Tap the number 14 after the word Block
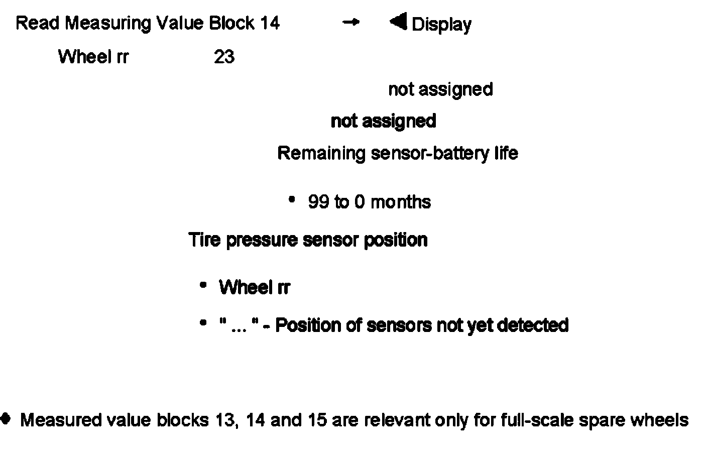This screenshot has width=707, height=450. coord(270,23)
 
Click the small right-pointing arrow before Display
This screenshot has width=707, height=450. coord(351,22)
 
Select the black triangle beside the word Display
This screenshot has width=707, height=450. coord(398,22)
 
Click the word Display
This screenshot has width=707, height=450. coord(441,25)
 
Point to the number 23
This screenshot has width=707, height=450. coord(224,57)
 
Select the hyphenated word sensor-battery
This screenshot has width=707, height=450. coord(429,153)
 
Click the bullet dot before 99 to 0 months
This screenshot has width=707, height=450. coord(292,200)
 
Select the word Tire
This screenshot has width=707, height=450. coord(204,240)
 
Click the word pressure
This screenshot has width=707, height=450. coord(262,240)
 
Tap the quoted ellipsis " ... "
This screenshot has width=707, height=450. coord(239,325)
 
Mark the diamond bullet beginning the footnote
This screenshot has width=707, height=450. coord(6,418)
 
